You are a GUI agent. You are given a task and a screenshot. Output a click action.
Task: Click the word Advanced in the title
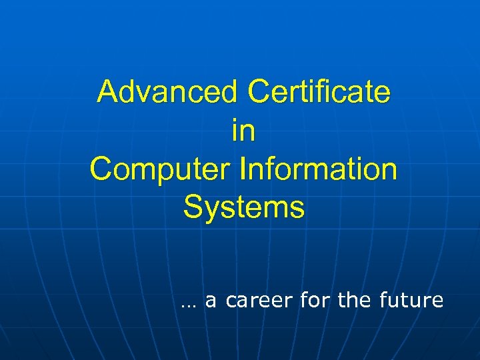(x=167, y=92)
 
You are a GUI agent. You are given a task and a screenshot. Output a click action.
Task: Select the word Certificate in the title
(x=319, y=92)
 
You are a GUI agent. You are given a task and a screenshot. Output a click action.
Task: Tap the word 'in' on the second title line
(x=243, y=131)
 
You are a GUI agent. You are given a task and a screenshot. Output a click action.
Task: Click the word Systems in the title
(x=244, y=208)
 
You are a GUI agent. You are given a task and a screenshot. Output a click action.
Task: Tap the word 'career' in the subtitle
(x=259, y=301)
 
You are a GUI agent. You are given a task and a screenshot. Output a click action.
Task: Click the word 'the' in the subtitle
(x=355, y=301)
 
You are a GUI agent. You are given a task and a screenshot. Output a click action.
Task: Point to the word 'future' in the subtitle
(x=411, y=301)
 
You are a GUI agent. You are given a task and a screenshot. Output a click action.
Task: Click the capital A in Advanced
(x=107, y=92)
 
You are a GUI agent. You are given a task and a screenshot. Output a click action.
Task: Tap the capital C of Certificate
(x=259, y=92)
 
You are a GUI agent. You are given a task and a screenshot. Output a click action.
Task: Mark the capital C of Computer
(x=101, y=169)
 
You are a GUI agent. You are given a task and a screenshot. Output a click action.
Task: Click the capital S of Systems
(x=193, y=208)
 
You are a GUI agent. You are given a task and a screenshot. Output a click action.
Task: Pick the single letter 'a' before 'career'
(x=211, y=301)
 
